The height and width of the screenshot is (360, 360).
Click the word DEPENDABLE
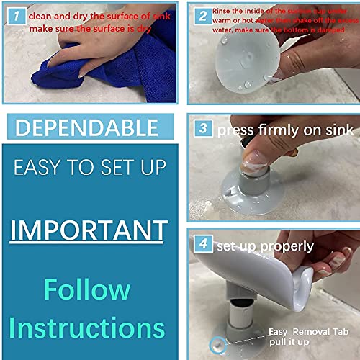[86, 128]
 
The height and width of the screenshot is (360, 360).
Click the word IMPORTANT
[89, 230]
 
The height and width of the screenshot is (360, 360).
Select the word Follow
[86, 289]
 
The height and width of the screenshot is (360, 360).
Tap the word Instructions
[87, 328]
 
